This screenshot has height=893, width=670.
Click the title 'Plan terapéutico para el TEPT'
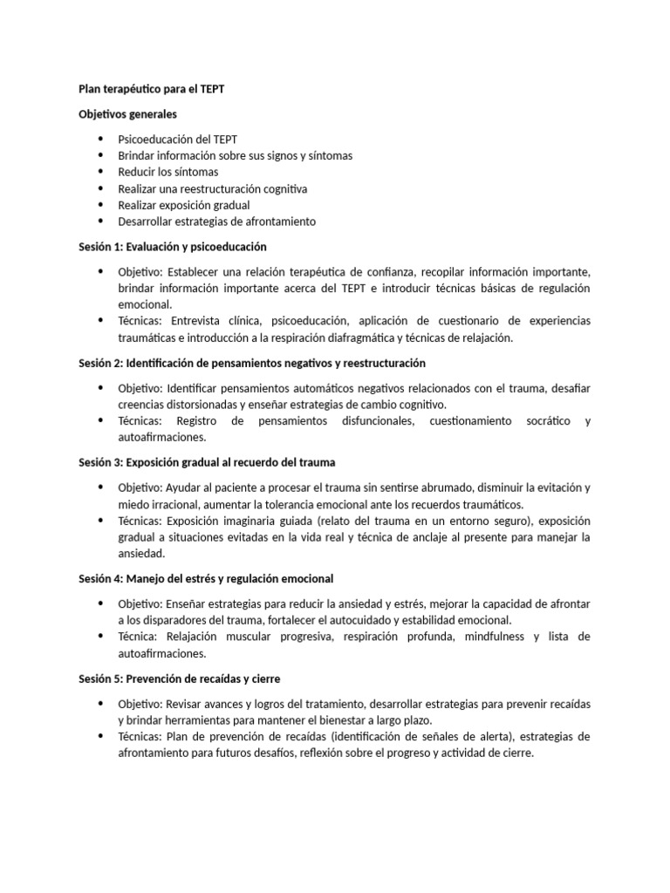pyautogui.click(x=152, y=90)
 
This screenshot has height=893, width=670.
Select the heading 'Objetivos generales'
pyautogui.click(x=127, y=114)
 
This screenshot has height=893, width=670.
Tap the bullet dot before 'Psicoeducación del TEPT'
pyautogui.click(x=100, y=140)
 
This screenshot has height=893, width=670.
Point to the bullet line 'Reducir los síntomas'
pyautogui.click(x=168, y=172)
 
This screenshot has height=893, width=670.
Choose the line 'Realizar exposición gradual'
pyautogui.click(x=184, y=205)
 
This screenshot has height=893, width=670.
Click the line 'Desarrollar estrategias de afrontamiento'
pyautogui.click(x=217, y=222)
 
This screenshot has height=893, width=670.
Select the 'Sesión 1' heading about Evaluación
pyautogui.click(x=173, y=247)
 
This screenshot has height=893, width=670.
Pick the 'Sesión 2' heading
pyautogui.click(x=252, y=363)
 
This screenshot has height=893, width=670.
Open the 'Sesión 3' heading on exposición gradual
pyautogui.click(x=207, y=462)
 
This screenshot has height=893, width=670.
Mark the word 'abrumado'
pyautogui.click(x=448, y=487)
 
